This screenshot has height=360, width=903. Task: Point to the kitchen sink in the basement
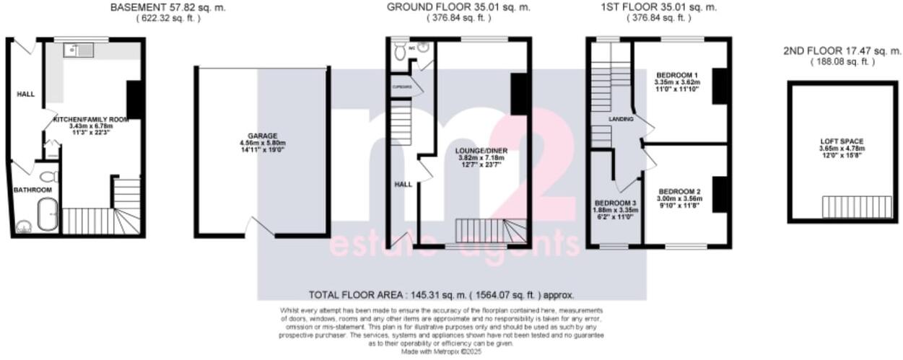75,50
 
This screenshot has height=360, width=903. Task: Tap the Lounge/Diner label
481,151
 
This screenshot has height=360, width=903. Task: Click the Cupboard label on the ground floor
402,87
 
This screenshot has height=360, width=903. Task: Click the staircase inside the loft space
847,206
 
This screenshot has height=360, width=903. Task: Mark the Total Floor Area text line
441,295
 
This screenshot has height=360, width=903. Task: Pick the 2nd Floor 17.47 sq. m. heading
842,51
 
